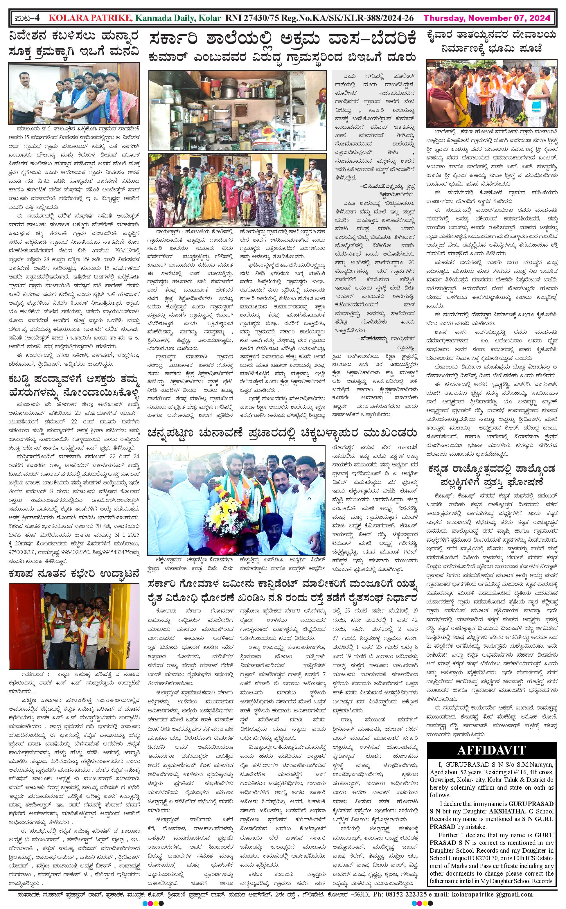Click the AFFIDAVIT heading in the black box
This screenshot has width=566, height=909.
coord(491,750)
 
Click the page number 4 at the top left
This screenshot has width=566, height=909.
coord(37,18)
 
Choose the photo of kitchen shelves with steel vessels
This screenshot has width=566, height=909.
coord(237,111)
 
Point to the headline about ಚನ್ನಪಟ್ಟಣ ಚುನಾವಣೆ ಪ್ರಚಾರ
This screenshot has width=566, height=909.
coord(282,433)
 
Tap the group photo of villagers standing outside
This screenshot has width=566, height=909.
coord(237,190)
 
